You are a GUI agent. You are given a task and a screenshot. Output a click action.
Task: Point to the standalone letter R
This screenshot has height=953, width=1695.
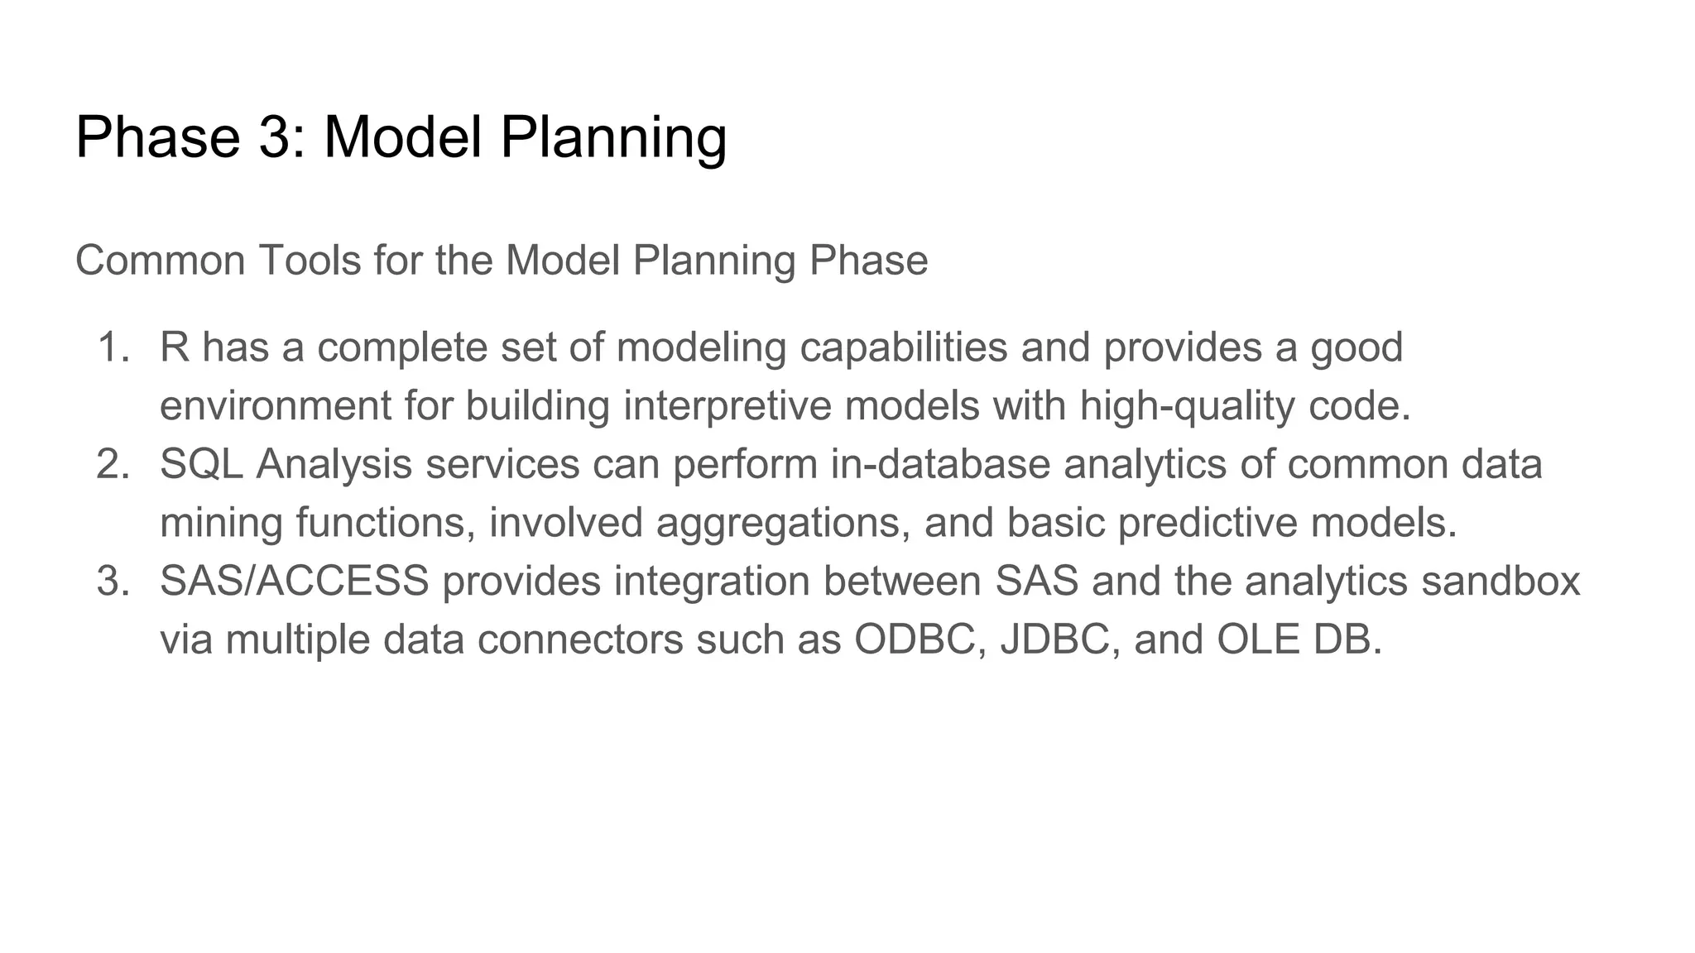175,347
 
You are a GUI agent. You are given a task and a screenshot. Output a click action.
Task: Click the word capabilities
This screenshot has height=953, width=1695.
903,347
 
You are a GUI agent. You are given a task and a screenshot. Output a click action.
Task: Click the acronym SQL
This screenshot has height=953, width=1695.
201,464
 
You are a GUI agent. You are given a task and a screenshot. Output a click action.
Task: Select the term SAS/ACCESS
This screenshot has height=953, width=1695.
294,581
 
